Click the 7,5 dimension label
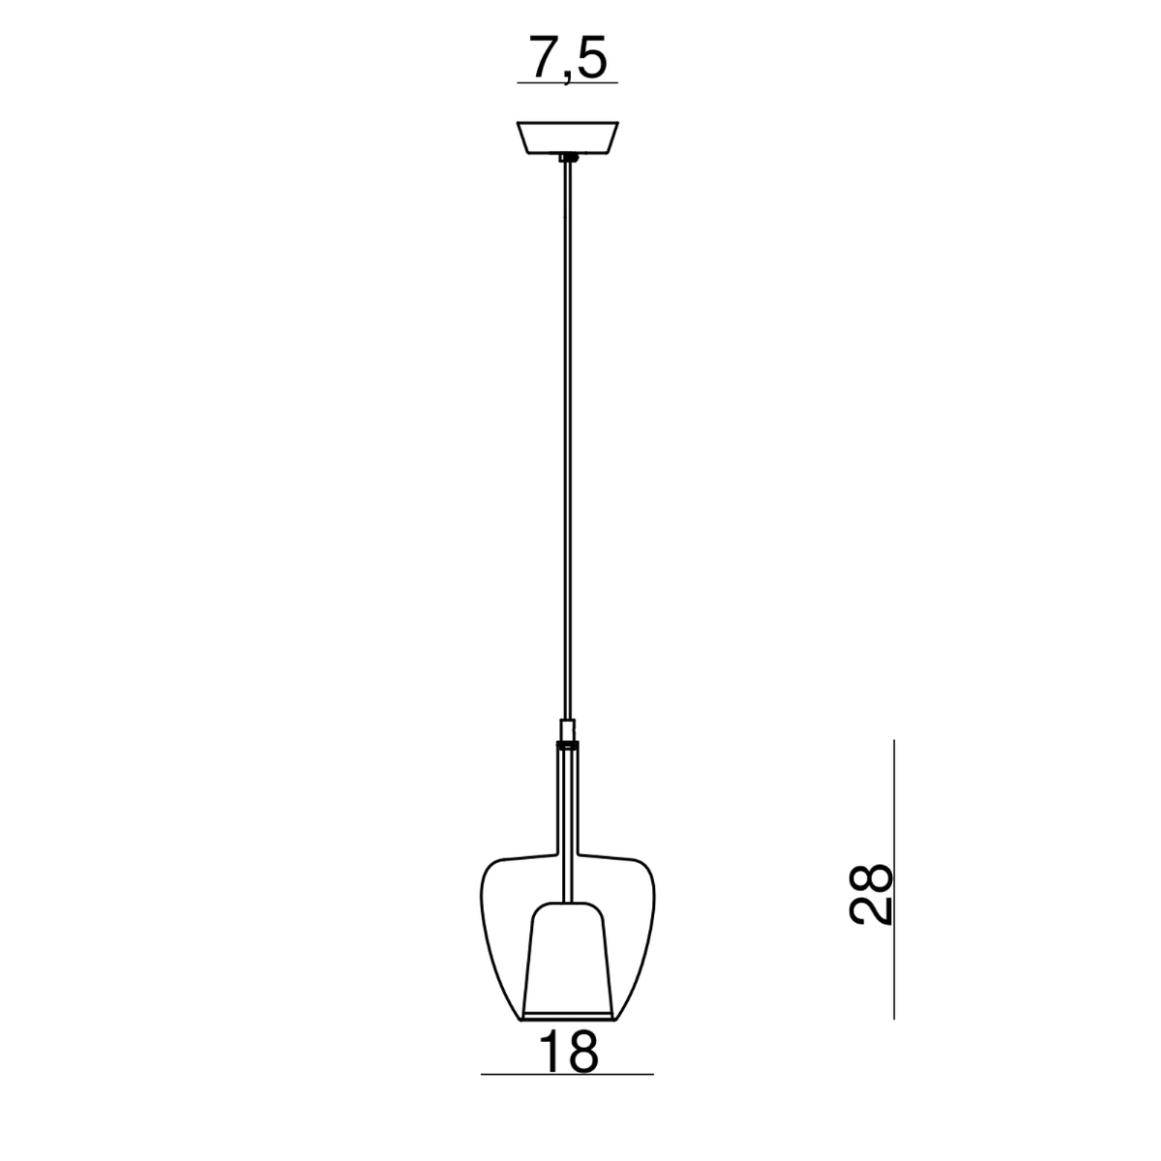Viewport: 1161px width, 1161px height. tap(568, 58)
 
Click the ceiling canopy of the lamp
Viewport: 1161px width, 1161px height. tap(568, 137)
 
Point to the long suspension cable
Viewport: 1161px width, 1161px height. tap(568, 440)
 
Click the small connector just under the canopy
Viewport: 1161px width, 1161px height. tap(568, 158)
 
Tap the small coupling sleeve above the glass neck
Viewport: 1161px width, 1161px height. tap(568, 730)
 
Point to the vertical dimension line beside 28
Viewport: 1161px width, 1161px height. tap(894, 879)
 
